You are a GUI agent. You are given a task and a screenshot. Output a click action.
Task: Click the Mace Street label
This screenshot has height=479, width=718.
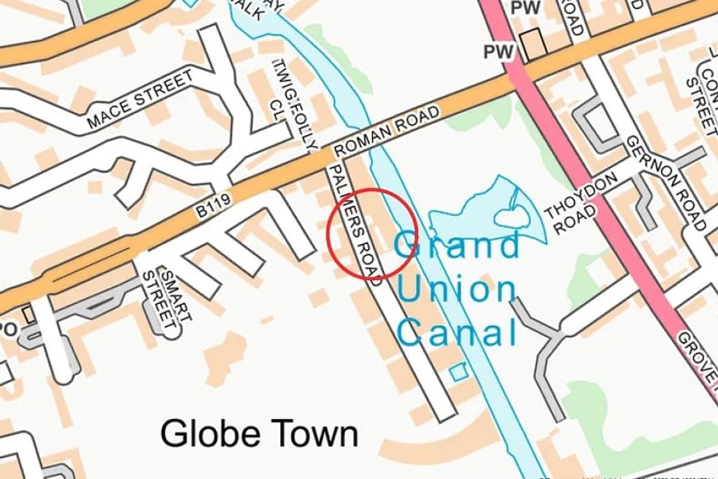click(140, 100)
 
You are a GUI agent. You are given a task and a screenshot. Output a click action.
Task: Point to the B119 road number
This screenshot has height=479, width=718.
click(213, 210)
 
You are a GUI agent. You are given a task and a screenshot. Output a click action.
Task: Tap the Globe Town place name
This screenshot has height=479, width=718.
click(259, 434)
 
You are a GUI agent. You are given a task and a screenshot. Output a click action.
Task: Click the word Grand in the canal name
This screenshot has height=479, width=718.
click(458, 245)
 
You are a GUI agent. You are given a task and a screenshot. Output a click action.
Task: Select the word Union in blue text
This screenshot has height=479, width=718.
click(458, 291)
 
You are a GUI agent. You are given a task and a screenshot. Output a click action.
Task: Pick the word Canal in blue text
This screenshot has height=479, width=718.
click(458, 333)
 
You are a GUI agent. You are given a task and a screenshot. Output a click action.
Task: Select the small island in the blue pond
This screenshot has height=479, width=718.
click(509, 216)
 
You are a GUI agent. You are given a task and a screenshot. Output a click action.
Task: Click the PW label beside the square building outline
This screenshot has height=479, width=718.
click(500, 51)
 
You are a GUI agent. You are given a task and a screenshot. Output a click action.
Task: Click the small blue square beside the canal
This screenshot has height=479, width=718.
click(458, 372)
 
